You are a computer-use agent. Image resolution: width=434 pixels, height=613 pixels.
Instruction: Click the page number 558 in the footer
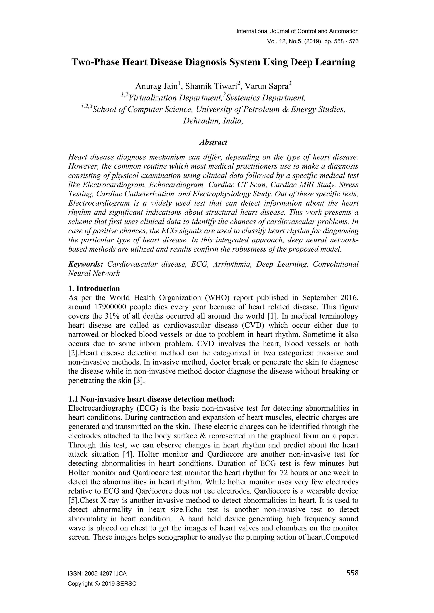352,573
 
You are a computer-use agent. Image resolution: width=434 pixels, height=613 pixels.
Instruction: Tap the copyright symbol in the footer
96,584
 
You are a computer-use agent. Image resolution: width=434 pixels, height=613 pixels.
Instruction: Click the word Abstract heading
213,142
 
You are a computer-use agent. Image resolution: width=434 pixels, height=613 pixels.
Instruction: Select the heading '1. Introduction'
94,288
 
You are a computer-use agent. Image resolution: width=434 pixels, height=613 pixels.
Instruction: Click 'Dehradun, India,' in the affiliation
213,121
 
